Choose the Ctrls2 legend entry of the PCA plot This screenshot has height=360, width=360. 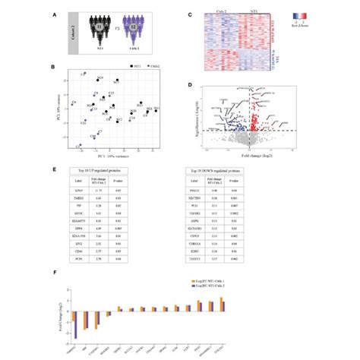click(x=156, y=67)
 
